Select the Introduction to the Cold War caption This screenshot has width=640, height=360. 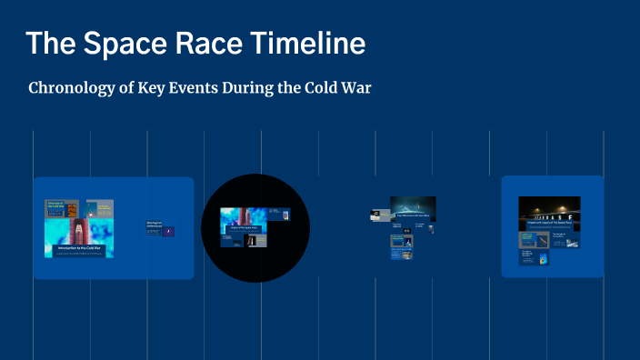pyautogui.click(x=79, y=247)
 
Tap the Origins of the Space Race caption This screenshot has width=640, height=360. pyautogui.click(x=244, y=229)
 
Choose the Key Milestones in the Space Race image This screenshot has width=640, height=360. pyautogui.click(x=413, y=209)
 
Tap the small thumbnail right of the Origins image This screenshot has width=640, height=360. pyautogui.click(x=285, y=215)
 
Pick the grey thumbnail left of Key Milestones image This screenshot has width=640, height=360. pyautogui.click(x=375, y=215)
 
